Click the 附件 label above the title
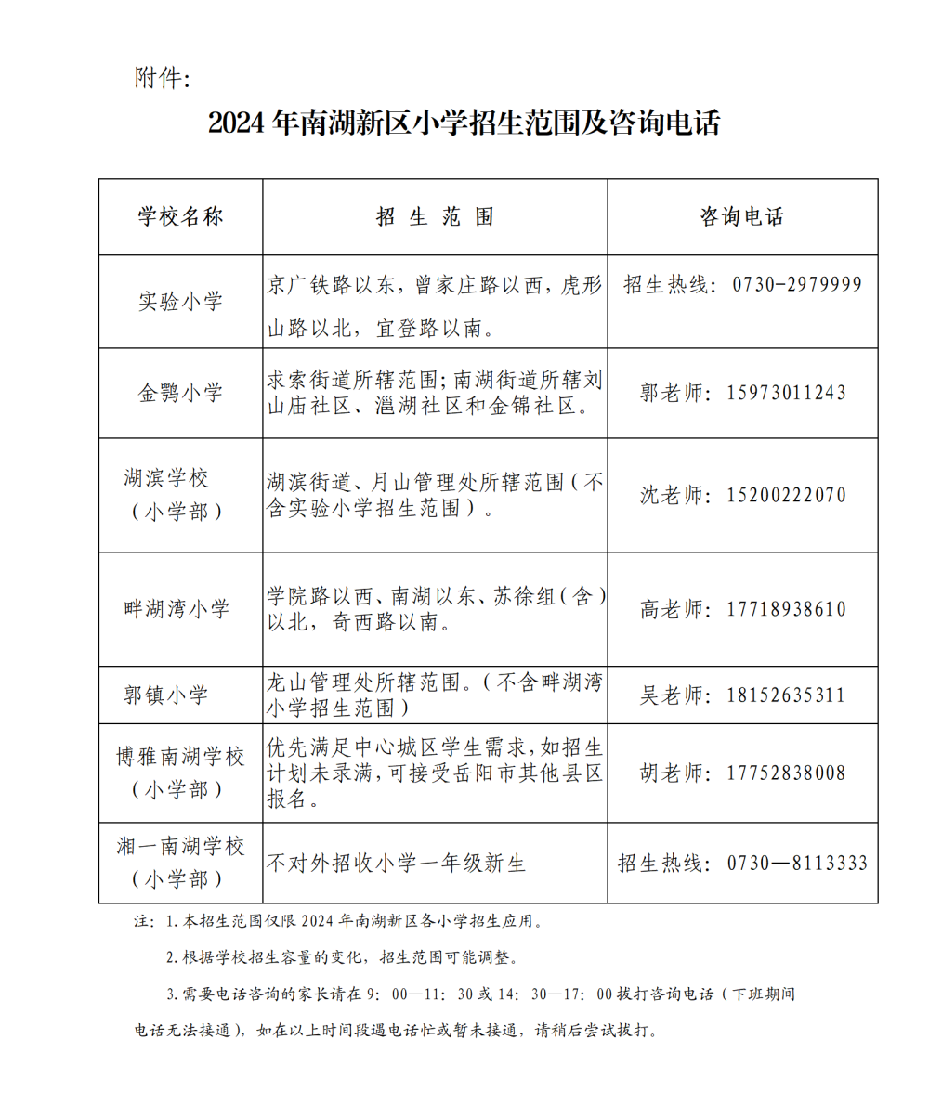pyautogui.click(x=163, y=78)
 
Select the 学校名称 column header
pyautogui.click(x=181, y=217)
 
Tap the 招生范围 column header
pyautogui.click(x=435, y=217)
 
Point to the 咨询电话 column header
pyautogui.click(x=742, y=217)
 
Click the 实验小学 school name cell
pyautogui.click(x=181, y=302)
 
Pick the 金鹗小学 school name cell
pyautogui.click(x=181, y=393)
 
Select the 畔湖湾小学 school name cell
pyautogui.click(x=177, y=609)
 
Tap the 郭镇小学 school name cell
pyautogui.click(x=167, y=695)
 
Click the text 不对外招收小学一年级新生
pyautogui.click(x=397, y=864)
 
